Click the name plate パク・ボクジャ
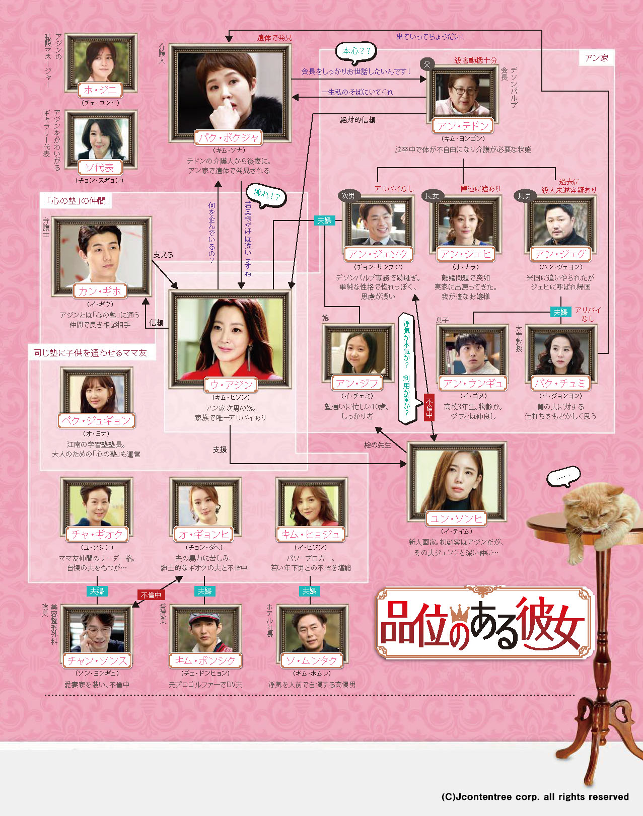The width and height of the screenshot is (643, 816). (229, 137)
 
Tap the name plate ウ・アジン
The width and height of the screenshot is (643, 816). (231, 385)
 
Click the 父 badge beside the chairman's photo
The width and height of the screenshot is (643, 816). (427, 64)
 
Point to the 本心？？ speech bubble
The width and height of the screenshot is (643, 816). (356, 51)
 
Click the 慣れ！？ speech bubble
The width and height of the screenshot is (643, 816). (266, 195)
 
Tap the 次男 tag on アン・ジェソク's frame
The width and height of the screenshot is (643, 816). (348, 196)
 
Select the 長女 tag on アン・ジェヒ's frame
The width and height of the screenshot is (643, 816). (432, 196)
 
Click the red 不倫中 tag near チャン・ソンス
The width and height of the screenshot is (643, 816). (151, 595)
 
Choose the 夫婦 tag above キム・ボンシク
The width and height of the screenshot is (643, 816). (204, 591)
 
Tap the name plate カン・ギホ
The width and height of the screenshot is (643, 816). (100, 291)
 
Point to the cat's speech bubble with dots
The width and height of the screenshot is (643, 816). (563, 476)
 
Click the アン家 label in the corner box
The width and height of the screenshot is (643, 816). (597, 58)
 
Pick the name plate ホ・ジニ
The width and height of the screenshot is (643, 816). (100, 90)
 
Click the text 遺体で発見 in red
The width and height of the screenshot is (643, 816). (274, 38)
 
